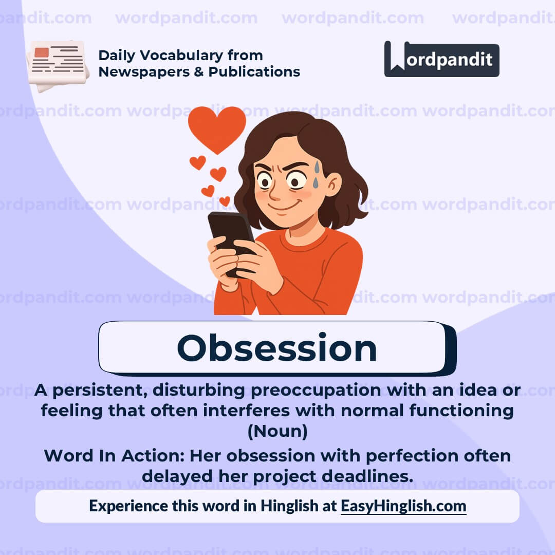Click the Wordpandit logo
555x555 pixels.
pyautogui.click(x=441, y=59)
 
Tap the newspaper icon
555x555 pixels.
pyautogui.click(x=58, y=65)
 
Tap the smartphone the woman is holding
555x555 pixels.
pyautogui.click(x=230, y=240)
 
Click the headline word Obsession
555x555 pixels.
pyautogui.click(x=277, y=348)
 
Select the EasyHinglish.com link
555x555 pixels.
pyautogui.click(x=403, y=506)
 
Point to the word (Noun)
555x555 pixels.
pyautogui.click(x=277, y=431)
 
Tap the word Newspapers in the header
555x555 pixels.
pyautogui.click(x=144, y=72)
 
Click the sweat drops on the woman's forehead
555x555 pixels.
pyautogui.click(x=316, y=174)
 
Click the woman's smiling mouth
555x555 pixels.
pyautogui.click(x=283, y=207)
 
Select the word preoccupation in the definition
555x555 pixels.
pyautogui.click(x=316, y=391)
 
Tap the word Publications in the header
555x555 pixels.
pyautogui.click(x=254, y=72)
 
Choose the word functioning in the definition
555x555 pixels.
pyautogui.click(x=461, y=411)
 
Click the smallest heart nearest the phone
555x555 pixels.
pyautogui.click(x=225, y=201)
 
